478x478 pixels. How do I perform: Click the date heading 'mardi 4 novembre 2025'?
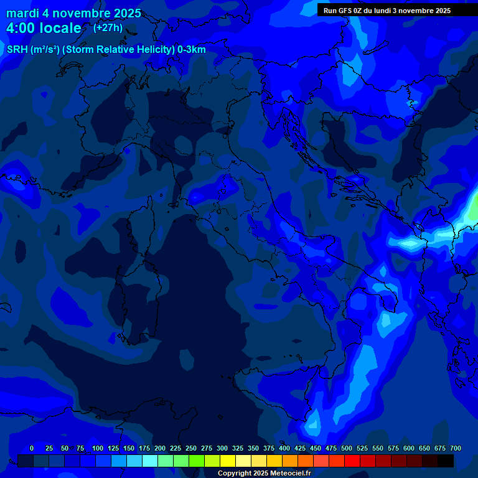pos(73,13)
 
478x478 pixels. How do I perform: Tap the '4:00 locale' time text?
pos(44,28)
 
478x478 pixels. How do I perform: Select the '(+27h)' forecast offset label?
pos(107,27)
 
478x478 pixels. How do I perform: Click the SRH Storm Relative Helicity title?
pos(106,50)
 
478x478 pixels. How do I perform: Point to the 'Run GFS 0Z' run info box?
pos(387,10)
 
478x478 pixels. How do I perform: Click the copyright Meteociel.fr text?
pos(264,473)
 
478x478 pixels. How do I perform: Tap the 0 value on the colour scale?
pos(32,448)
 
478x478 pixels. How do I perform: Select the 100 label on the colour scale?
pos(98,448)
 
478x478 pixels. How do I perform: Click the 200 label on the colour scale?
pos(160,448)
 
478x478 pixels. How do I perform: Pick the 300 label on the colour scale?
pos(222,448)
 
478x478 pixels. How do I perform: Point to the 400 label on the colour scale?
pos(284,448)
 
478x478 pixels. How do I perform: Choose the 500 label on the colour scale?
pos(347,448)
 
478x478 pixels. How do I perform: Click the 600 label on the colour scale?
pos(409,448)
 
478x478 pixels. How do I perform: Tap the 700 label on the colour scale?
pos(456,448)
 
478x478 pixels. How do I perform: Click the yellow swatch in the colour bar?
pos(228,461)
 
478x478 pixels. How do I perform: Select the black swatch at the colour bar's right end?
pos(446,461)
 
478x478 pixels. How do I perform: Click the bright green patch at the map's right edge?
pos(473,209)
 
